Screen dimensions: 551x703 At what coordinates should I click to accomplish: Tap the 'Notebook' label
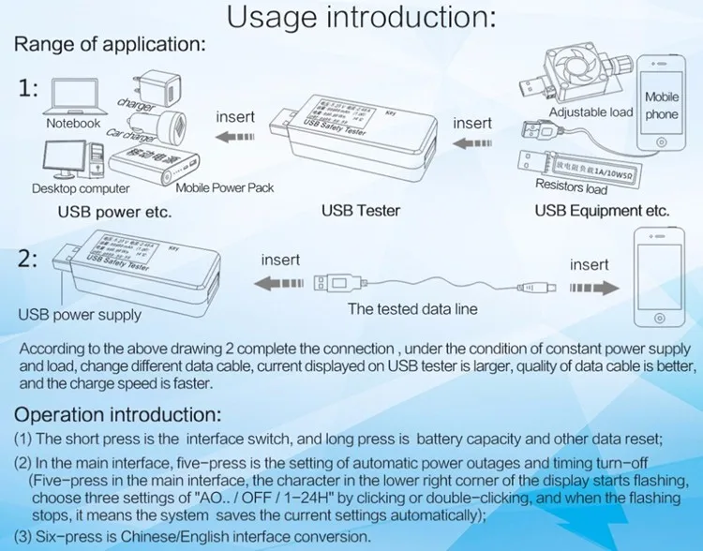73,123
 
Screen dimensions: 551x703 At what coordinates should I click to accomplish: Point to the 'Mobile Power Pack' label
225,187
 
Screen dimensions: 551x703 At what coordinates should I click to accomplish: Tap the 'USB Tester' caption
361,211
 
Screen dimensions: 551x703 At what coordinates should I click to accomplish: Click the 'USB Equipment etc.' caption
602,211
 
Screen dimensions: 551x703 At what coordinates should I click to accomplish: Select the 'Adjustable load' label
591,112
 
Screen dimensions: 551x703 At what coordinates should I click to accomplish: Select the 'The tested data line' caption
412,308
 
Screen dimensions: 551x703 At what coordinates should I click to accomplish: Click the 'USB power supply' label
74,315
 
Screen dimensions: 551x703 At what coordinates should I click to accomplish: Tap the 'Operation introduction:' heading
117,414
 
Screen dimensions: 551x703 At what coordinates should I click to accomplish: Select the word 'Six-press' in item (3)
66,536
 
